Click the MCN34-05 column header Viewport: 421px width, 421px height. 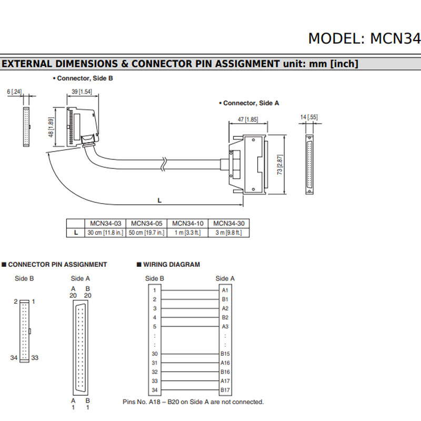[x=147, y=223]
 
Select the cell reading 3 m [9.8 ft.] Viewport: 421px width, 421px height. [x=229, y=233]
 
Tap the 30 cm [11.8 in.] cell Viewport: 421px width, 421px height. [x=106, y=233]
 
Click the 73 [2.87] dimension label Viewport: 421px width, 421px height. [x=280, y=165]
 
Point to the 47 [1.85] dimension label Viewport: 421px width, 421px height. [x=248, y=119]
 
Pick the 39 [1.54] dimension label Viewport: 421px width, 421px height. [x=82, y=92]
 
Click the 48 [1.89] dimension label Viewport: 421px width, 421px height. [x=51, y=127]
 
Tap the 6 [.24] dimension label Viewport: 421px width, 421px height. [x=14, y=92]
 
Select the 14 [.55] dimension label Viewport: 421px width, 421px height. [x=309, y=117]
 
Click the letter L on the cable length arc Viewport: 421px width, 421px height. [x=159, y=201]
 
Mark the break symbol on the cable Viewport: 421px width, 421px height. [x=164, y=164]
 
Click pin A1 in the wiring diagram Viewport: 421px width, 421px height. [x=225, y=290]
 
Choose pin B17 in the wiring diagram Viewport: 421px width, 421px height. [x=225, y=390]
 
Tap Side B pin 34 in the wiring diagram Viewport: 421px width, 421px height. [x=155, y=390]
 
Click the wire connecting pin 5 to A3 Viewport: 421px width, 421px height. [x=190, y=326]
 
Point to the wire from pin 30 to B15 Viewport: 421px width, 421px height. [x=190, y=354]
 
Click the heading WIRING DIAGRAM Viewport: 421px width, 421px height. [x=172, y=265]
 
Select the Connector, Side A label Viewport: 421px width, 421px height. [x=251, y=103]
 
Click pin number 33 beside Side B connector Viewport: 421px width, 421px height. [x=35, y=358]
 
